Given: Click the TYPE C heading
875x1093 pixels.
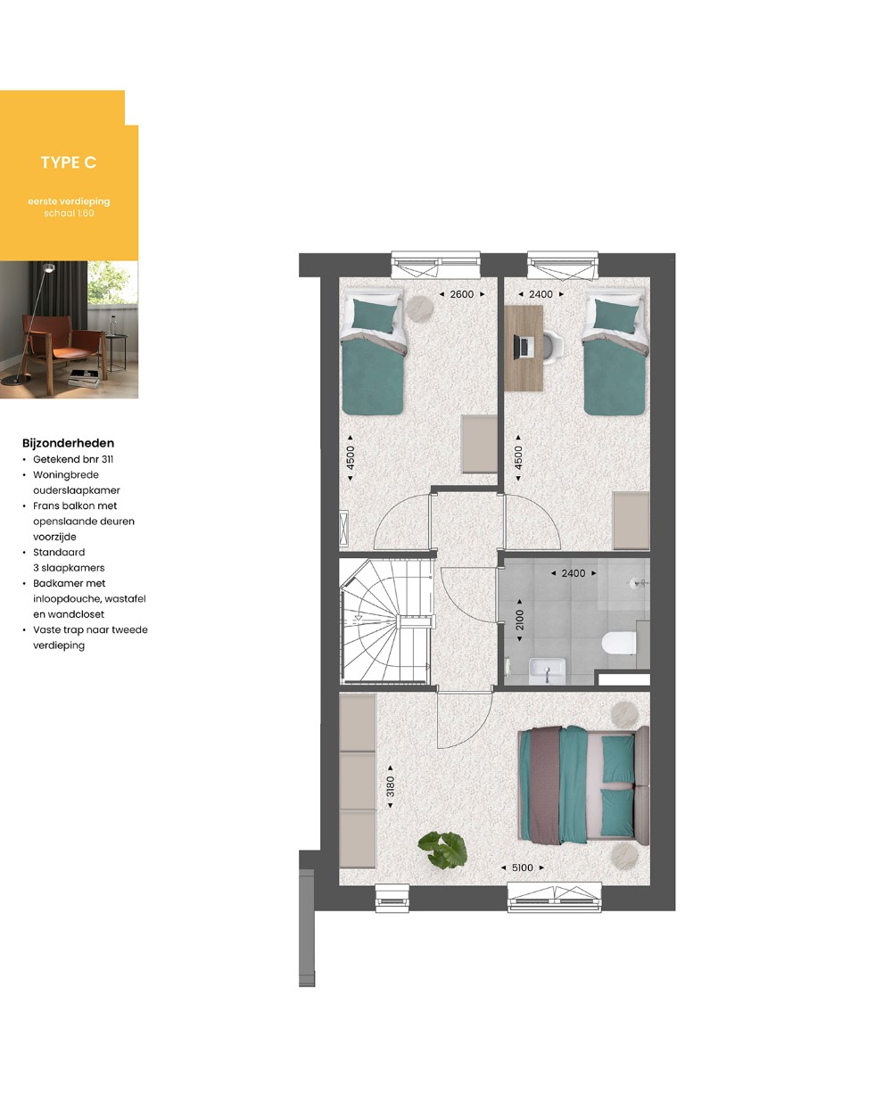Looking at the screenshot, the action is tap(69, 162).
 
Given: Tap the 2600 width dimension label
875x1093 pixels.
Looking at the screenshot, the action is tap(461, 294).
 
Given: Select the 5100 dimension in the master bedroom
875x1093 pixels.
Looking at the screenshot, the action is tap(523, 867).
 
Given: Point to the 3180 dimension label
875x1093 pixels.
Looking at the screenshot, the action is tap(391, 786).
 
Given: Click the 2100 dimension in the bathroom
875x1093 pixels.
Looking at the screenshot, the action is tap(519, 620).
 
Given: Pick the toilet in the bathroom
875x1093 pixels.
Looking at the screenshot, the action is tap(619, 643).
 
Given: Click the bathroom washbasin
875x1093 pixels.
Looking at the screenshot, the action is tap(547, 671).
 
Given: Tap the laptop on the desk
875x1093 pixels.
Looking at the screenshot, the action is tap(523, 347).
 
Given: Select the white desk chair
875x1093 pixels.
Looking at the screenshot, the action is tap(554, 345).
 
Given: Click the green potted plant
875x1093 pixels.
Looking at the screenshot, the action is tap(443, 850).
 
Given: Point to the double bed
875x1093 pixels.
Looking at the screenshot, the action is tap(583, 785).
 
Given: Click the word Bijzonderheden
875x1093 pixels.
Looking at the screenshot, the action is tap(68, 443).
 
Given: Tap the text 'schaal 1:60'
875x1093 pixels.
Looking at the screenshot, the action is tap(69, 213).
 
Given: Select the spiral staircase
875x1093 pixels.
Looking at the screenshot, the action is tap(387, 621).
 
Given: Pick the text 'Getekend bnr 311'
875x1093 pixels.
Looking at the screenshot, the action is tap(73, 460).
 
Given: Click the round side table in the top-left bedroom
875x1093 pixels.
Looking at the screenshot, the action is tap(419, 308).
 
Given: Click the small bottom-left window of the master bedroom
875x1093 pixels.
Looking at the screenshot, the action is tap(392, 899).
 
